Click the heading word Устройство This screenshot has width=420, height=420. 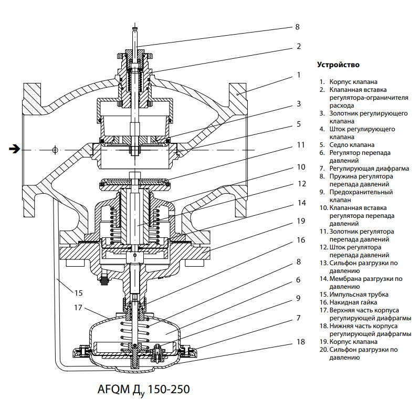[x=338, y=65]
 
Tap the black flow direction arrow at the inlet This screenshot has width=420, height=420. [x=14, y=150]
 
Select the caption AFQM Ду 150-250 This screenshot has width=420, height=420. [x=143, y=390]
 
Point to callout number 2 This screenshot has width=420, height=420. [x=298, y=46]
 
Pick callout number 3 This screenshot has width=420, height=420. [x=298, y=104]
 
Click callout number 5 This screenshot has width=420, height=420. [x=298, y=124]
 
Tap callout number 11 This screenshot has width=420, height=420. [x=300, y=144]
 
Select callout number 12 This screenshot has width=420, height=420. [x=300, y=184]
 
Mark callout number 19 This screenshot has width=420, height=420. [x=300, y=221]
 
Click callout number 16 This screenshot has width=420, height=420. [x=300, y=240]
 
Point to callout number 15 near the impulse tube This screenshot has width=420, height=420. [x=78, y=292]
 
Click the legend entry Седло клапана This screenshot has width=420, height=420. [x=352, y=144]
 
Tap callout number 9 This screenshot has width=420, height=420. [x=298, y=298]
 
